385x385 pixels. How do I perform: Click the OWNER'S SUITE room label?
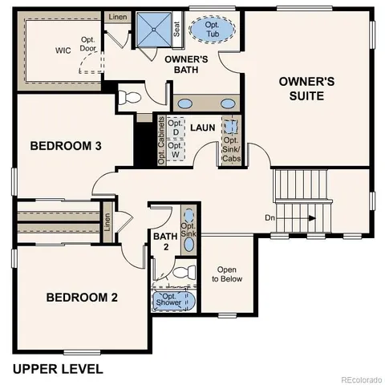tap(301, 88)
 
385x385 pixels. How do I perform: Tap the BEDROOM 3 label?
tap(66, 146)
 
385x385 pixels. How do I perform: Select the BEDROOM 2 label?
tap(82, 297)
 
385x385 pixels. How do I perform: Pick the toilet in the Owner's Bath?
tap(128, 99)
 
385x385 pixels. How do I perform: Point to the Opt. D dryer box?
tap(176, 128)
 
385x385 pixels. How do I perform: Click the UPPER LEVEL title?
tap(57, 369)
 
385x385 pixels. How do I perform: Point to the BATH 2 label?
tap(164, 241)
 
